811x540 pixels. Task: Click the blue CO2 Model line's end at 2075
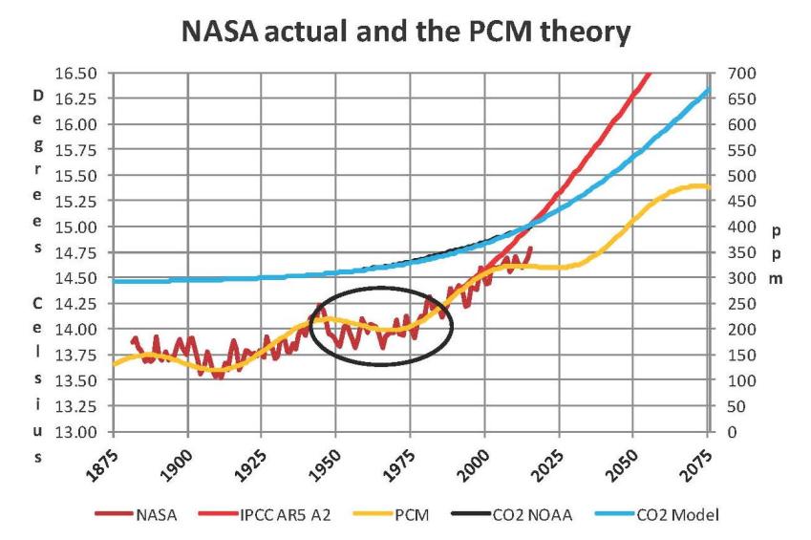pyautogui.click(x=708, y=90)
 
